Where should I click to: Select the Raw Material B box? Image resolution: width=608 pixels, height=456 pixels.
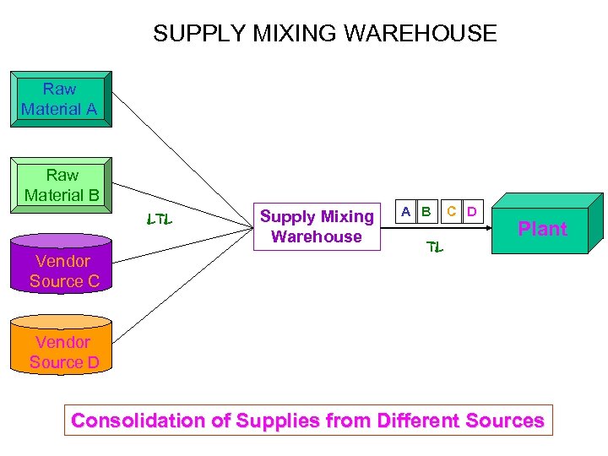point(61,185)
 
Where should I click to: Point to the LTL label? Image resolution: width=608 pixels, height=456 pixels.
point(159,220)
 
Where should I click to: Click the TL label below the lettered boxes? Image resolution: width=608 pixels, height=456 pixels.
point(434,247)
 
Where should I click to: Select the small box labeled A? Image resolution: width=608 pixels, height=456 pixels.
point(406,211)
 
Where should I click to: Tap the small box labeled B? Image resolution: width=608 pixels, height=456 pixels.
point(426,211)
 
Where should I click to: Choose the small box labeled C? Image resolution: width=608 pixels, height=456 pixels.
point(453,211)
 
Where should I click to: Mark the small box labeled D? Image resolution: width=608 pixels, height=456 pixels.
point(472,211)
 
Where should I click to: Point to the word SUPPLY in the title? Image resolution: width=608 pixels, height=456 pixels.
point(196,34)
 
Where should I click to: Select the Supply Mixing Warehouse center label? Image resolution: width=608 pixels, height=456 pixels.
point(317,226)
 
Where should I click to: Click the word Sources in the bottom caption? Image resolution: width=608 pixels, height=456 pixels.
point(506,421)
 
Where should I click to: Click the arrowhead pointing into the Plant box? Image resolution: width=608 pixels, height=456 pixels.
point(491,228)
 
